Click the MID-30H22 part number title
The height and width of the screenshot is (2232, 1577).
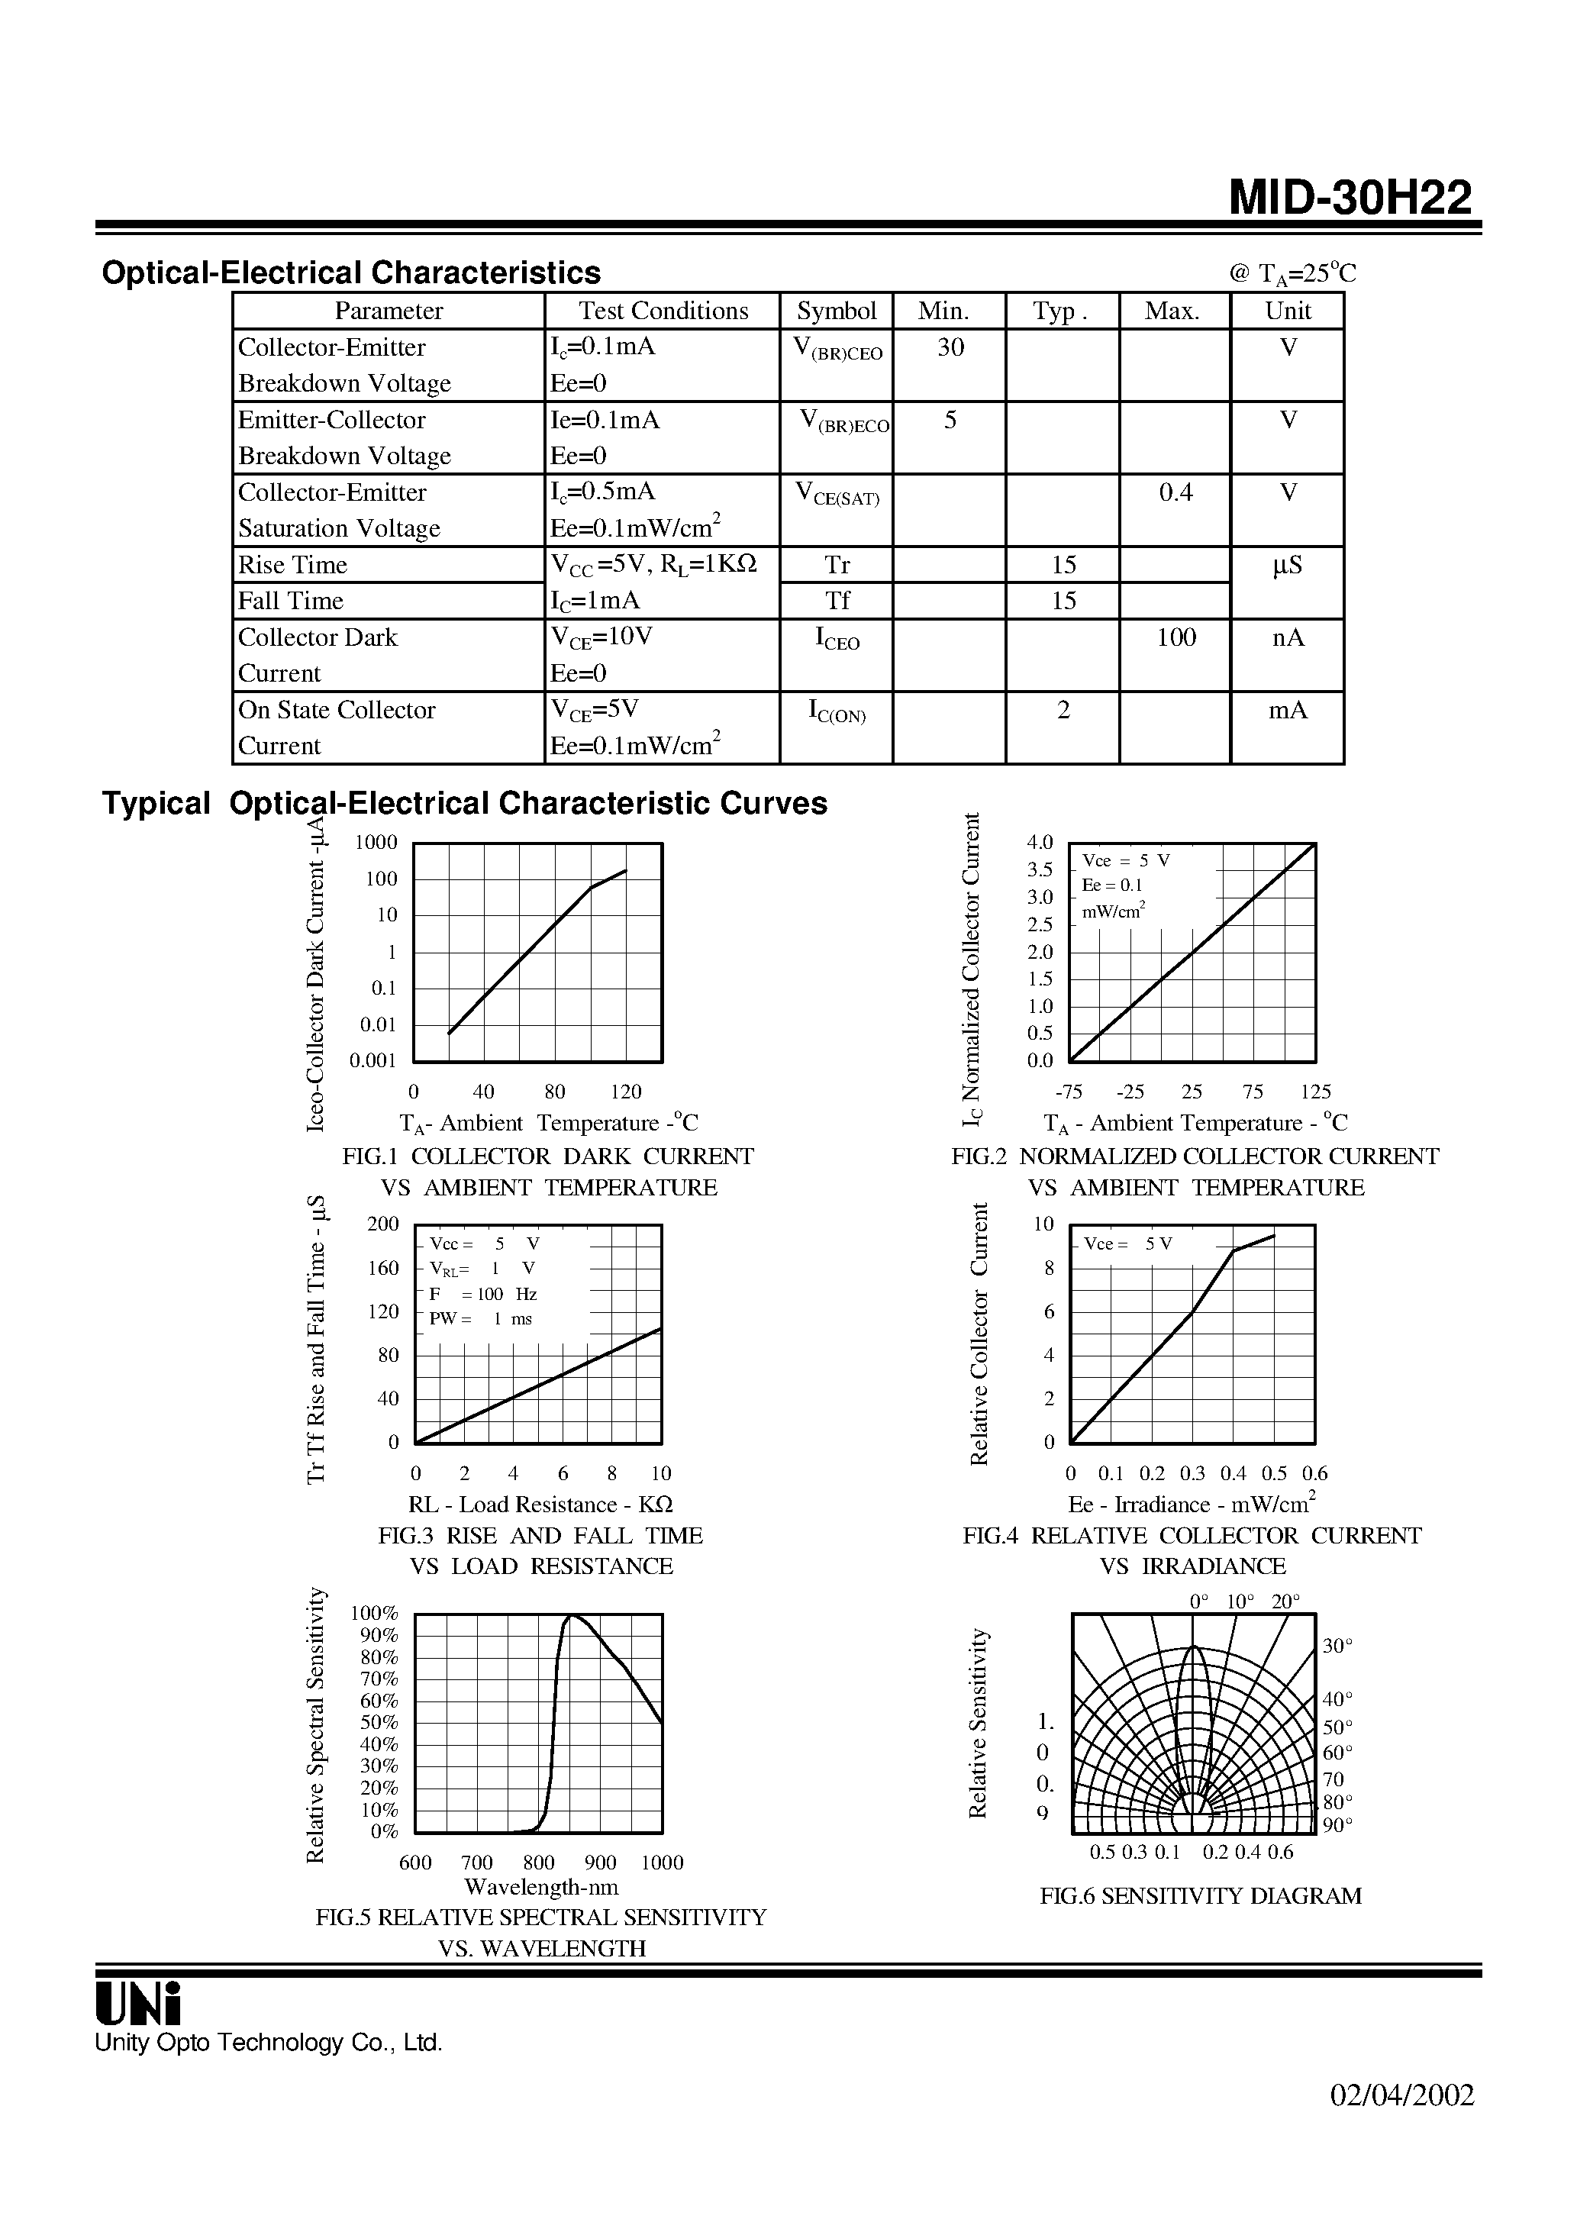pos(1350,198)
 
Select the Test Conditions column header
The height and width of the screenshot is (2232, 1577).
pos(663,311)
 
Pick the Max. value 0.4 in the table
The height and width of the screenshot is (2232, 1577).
pos(1175,493)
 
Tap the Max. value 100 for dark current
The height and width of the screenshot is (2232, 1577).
pos(1175,637)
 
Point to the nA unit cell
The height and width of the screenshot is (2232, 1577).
pos(1288,637)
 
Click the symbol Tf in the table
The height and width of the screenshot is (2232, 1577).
pos(837,601)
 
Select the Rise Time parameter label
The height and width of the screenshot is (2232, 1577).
pos(292,565)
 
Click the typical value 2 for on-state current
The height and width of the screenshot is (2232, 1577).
pos(1063,711)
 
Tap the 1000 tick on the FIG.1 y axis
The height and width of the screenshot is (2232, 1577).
pos(376,843)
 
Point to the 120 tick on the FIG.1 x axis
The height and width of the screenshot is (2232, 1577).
pos(626,1092)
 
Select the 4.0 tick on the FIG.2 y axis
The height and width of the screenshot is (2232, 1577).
pos(1040,843)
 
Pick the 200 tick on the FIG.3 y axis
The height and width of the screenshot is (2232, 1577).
pos(383,1224)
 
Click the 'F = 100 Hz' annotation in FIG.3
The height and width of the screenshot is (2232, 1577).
pos(483,1295)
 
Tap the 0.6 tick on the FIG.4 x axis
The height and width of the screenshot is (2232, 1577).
pos(1314,1474)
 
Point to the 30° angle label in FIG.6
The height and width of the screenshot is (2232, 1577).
pos(1338,1646)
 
